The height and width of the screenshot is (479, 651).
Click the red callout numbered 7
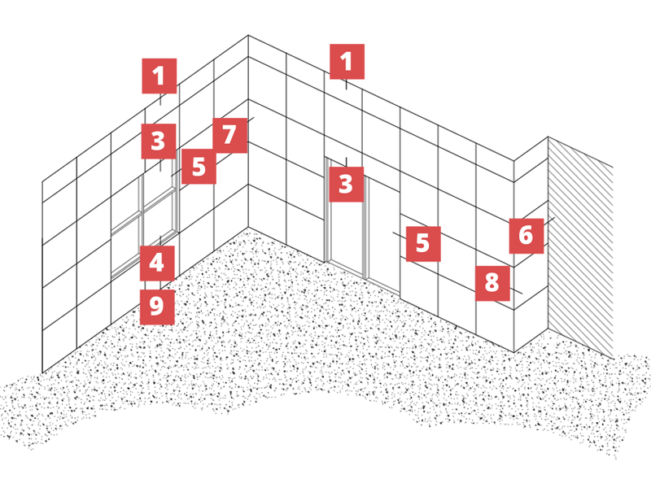pos(229,135)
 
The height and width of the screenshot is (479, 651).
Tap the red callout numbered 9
pos(157,307)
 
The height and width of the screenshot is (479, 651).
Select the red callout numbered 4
pos(157,263)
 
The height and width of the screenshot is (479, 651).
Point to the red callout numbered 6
pos(526,236)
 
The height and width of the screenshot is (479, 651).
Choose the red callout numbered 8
pos(492,283)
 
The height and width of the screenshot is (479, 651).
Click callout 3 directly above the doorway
pos(347,185)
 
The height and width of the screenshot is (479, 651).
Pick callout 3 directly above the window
pos(159,142)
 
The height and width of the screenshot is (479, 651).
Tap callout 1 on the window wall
pos(159,76)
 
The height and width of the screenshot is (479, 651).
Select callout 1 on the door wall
pos(347,62)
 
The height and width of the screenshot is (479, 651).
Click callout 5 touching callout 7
pos(199,167)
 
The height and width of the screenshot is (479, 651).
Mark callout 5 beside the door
pos(423,244)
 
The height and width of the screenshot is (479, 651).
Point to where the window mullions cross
pos(143,212)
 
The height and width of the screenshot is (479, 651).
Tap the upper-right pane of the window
pos(159,188)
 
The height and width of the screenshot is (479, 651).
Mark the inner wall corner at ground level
pos(248,227)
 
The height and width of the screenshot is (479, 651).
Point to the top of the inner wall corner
pos(248,35)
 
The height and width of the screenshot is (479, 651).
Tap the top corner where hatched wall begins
pos(548,137)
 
